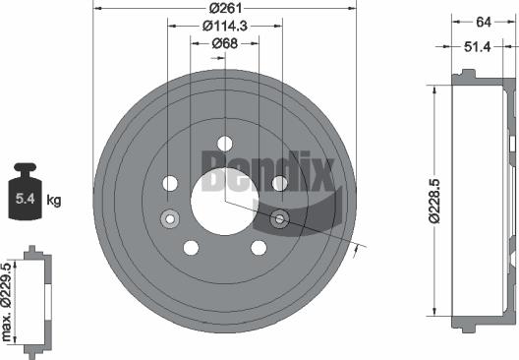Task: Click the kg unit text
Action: click(x=54, y=202)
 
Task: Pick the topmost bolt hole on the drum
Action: click(x=224, y=143)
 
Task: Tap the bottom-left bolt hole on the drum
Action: click(x=192, y=247)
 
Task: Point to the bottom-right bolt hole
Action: click(x=259, y=247)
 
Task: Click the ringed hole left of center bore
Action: click(x=170, y=218)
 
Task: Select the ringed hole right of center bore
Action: click(x=279, y=218)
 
